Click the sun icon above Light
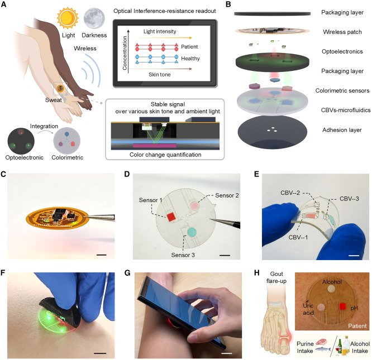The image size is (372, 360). pyautogui.click(x=68, y=18)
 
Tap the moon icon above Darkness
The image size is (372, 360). pyautogui.click(x=94, y=18)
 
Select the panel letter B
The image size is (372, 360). pyautogui.click(x=228, y=4)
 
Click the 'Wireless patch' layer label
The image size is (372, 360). pyautogui.click(x=342, y=32)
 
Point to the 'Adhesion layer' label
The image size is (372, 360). pyautogui.click(x=342, y=130)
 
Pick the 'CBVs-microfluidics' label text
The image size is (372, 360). pyautogui.click(x=345, y=110)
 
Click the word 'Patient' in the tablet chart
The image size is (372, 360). pyautogui.click(x=189, y=47)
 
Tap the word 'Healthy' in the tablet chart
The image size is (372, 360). pyautogui.click(x=190, y=59)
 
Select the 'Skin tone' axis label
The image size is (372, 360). pyautogui.click(x=159, y=75)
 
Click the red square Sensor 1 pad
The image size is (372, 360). pyautogui.click(x=171, y=217)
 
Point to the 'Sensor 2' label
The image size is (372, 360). pyautogui.click(x=227, y=195)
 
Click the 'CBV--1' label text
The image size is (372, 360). pyautogui.click(x=298, y=237)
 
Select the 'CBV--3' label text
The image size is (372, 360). pyautogui.click(x=349, y=199)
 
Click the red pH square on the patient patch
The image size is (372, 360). pyautogui.click(x=342, y=306)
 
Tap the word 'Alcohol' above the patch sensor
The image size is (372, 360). pyautogui.click(x=332, y=282)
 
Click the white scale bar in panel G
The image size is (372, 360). pyautogui.click(x=226, y=353)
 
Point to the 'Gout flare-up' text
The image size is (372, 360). pyautogui.click(x=276, y=277)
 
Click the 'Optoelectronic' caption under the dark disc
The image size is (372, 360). pyautogui.click(x=25, y=157)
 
